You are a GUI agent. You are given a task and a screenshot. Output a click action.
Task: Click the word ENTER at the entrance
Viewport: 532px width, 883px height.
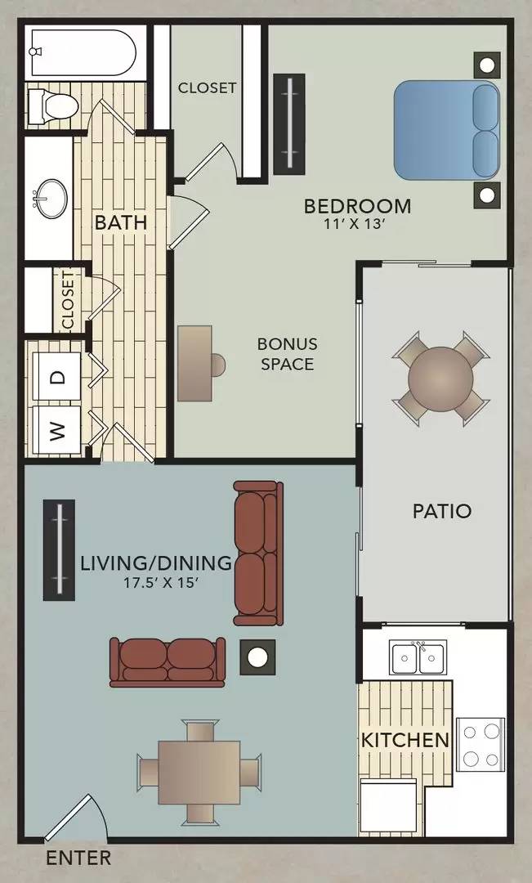tap(78, 858)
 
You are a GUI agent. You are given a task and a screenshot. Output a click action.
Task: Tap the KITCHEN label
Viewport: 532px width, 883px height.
tap(405, 741)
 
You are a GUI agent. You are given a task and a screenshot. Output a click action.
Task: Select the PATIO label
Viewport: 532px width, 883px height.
tap(441, 512)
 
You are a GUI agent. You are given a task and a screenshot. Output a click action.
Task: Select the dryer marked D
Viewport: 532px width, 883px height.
tap(57, 377)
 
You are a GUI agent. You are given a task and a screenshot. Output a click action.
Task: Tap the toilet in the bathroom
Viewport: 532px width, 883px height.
tap(51, 105)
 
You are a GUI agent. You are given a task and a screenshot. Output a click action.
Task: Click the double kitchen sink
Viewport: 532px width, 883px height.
tap(418, 657)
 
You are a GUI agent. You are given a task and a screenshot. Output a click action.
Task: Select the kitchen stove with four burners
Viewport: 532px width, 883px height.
tap(481, 744)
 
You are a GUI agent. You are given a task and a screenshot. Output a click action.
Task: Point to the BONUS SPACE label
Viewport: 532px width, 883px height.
tap(288, 353)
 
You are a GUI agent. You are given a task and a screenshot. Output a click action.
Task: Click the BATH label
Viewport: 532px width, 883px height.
tap(120, 222)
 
